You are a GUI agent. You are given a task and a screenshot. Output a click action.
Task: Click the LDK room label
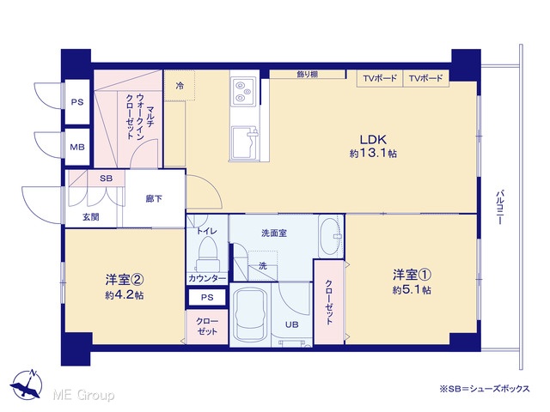373,139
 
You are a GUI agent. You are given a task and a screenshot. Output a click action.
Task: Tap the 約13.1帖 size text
373,153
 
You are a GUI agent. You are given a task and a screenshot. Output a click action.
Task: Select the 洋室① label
412,275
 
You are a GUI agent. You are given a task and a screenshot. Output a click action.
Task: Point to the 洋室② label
125,280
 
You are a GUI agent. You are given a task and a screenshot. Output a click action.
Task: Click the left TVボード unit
380,78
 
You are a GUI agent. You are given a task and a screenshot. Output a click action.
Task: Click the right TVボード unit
426,78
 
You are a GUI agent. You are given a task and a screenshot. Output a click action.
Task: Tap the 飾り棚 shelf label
308,75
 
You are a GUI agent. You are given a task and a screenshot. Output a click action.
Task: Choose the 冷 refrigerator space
180,86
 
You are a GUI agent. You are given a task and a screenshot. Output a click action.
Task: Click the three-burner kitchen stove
242,91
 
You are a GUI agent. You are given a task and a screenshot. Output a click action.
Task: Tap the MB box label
77,147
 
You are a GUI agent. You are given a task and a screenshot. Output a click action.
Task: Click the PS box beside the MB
77,102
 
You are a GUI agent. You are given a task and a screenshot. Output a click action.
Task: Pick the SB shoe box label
106,179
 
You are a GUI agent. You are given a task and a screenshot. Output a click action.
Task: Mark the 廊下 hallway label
154,198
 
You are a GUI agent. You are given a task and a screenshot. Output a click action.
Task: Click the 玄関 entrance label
91,217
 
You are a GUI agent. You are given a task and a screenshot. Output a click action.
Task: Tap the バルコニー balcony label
500,207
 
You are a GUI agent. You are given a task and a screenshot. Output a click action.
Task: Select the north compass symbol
27,385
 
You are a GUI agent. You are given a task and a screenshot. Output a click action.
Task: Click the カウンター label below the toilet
207,278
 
